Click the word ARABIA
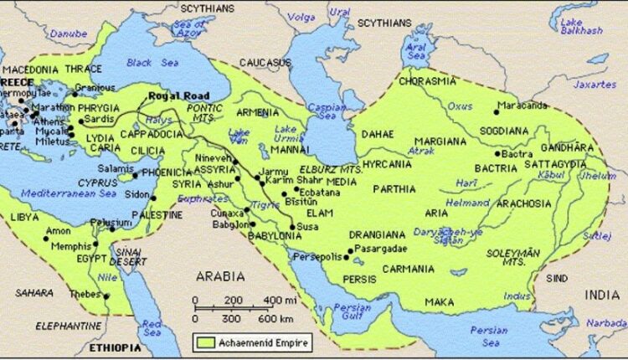tap(220, 276)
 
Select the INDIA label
tap(603, 295)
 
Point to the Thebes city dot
tap(106, 296)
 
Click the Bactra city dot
tap(497, 154)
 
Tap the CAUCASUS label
tap(264, 63)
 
